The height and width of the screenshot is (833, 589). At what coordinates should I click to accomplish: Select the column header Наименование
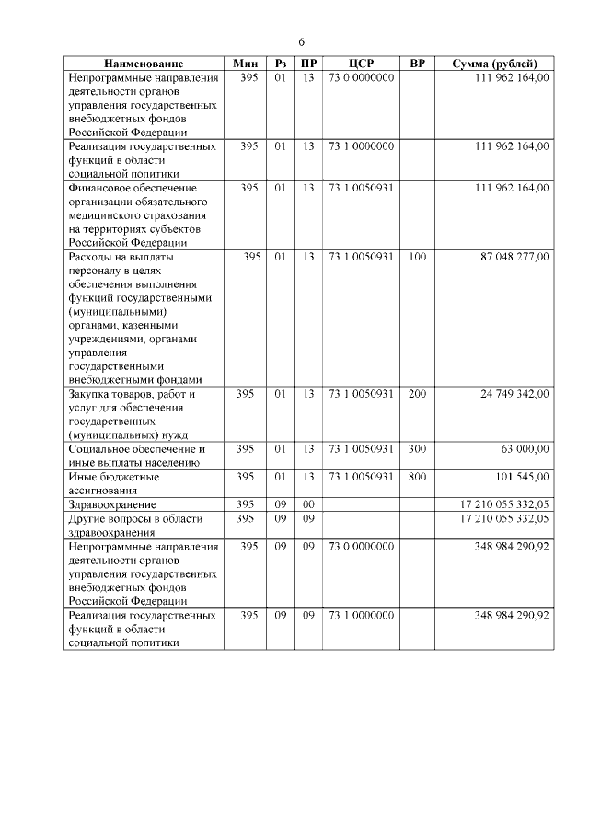point(143,64)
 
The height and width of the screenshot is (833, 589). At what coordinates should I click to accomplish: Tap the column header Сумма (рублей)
point(502,64)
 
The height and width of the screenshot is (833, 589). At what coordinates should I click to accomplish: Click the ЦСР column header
point(361,64)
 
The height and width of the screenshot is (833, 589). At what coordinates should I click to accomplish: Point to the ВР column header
point(417,64)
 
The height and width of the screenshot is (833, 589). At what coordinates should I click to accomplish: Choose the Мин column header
point(246,64)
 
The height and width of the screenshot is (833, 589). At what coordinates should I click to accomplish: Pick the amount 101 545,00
point(524,476)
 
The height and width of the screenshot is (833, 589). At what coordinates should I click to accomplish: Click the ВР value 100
point(417,257)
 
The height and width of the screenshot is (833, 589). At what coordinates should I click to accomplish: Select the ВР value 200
point(417,394)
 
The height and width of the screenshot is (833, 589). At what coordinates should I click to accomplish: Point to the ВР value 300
point(417,448)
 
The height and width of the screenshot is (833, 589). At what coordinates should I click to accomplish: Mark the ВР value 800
point(417,476)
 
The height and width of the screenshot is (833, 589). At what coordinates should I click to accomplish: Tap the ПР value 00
point(308,505)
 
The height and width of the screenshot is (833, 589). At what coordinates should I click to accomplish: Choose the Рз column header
point(282,64)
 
